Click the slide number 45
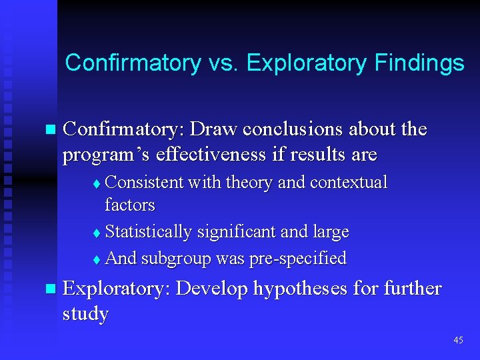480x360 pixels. pos(458,340)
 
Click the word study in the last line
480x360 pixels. pos(85,313)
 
